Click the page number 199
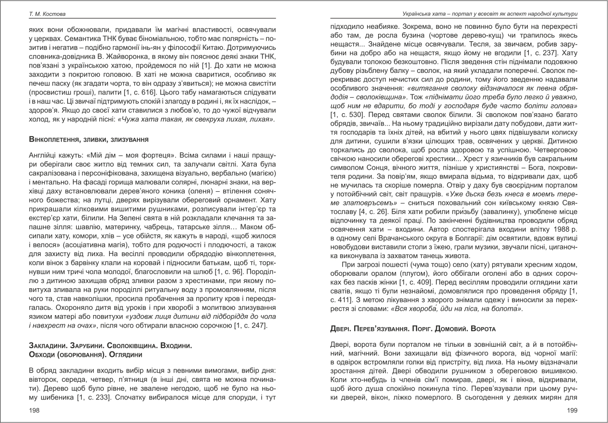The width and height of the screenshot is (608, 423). pos(572,411)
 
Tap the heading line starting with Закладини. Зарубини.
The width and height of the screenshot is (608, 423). pos(111,346)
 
